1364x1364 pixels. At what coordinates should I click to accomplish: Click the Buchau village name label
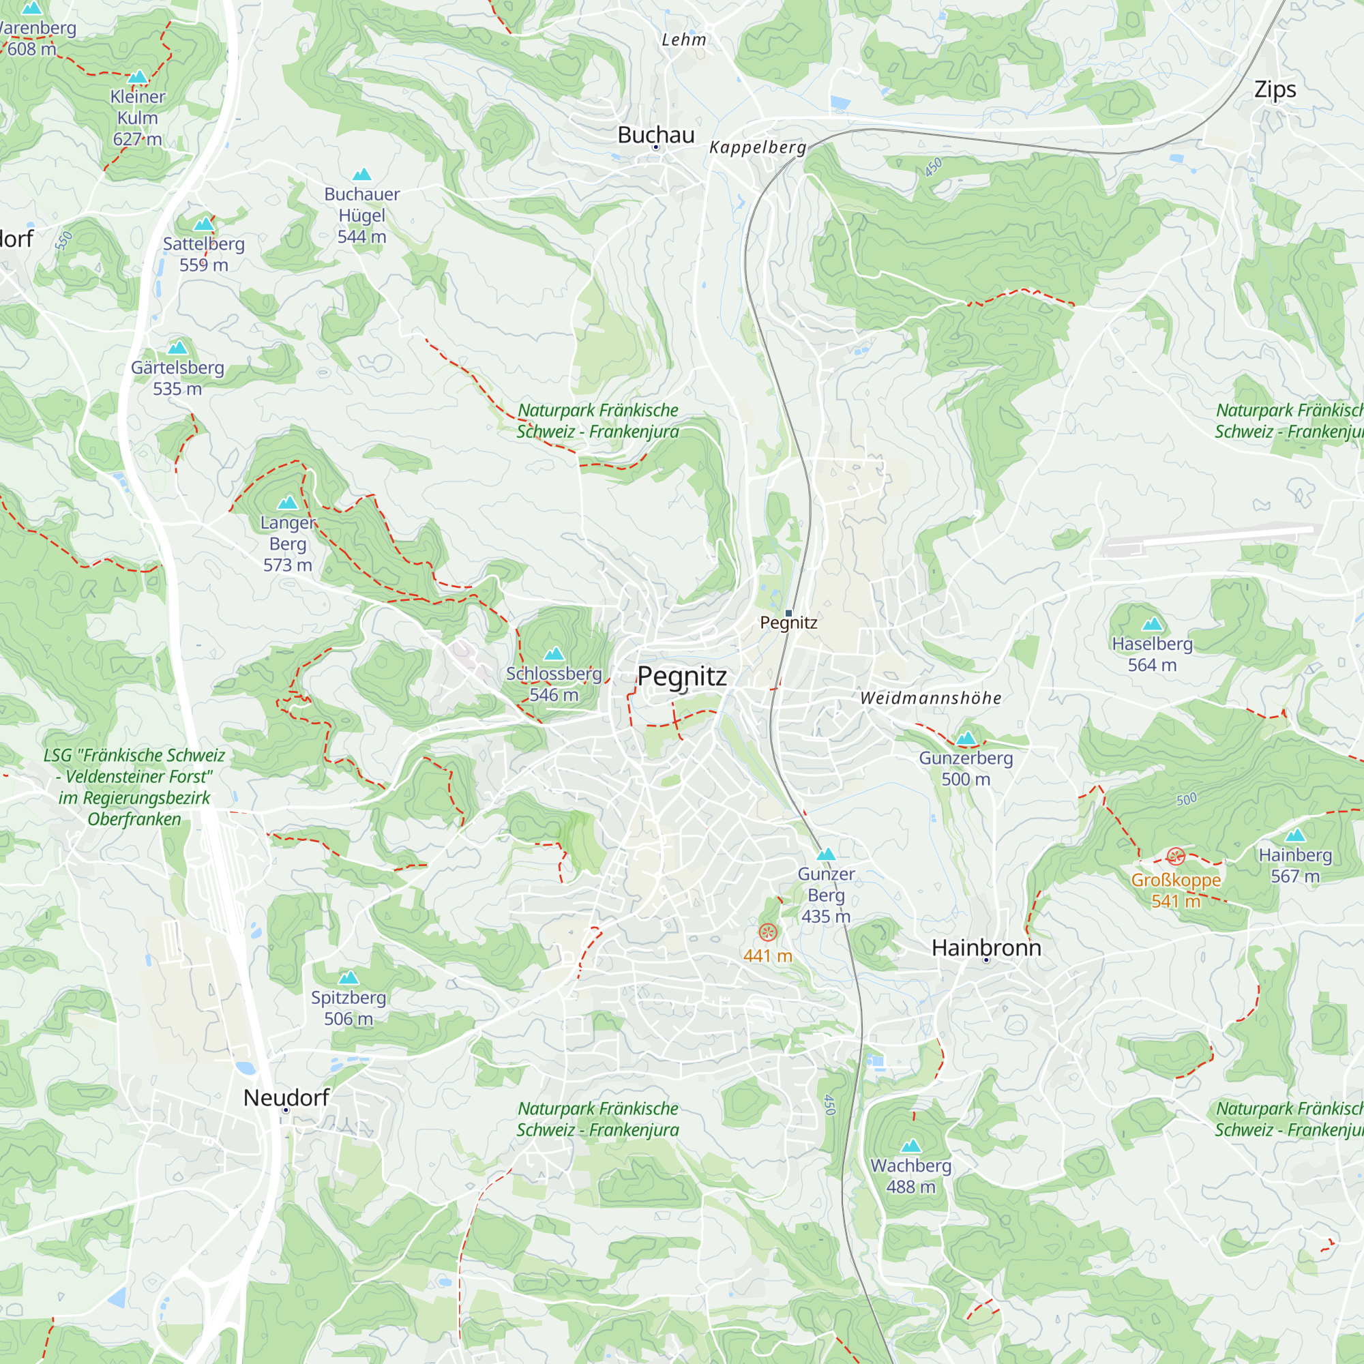655,135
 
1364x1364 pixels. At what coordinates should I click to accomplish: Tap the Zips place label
1275,89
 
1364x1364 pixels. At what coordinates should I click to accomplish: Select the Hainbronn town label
985,947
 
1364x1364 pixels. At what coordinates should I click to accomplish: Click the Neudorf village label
286,1097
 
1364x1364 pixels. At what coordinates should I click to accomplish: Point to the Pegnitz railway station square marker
788,613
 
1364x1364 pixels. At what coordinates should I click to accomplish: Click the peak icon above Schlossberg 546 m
554,654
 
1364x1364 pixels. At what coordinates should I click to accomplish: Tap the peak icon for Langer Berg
287,503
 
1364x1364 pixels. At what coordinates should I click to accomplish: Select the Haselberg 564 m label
1151,654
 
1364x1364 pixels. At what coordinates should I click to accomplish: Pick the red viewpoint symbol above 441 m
767,932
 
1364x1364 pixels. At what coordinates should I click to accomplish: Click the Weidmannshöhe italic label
930,698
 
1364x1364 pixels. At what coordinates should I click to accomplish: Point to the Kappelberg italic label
758,147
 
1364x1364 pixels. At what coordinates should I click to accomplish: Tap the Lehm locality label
683,40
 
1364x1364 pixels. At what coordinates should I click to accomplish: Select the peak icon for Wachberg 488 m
910,1145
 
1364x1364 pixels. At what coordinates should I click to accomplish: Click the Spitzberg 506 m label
348,1007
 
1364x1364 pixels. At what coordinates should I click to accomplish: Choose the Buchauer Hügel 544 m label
361,215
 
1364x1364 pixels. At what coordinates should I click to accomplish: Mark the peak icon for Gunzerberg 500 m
966,739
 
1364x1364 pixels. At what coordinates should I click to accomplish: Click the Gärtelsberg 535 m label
177,378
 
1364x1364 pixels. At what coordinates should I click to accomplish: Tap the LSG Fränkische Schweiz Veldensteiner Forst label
134,786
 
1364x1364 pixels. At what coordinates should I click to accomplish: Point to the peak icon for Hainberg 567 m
1295,836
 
